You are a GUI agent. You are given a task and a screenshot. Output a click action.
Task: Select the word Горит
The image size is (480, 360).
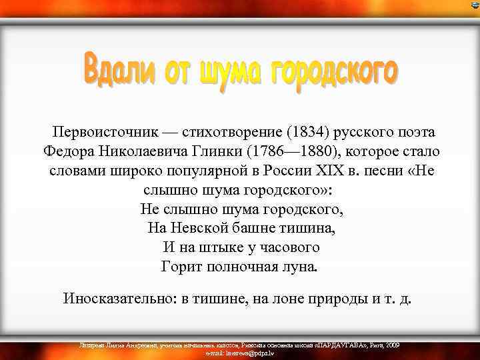click(181, 267)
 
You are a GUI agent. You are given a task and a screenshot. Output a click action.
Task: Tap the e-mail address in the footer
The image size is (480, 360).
click(239, 353)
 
